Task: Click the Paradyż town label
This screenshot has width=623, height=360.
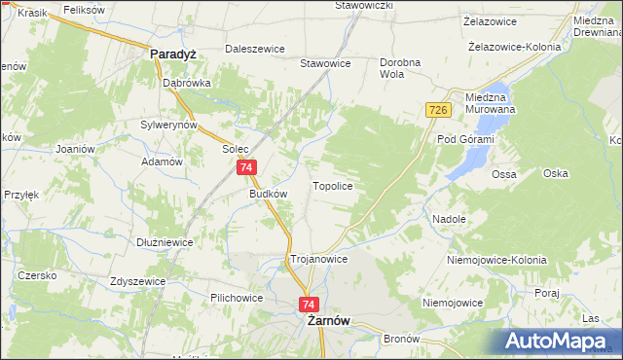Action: pyautogui.click(x=173, y=55)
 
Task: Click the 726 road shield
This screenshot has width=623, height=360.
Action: pyautogui.click(x=437, y=112)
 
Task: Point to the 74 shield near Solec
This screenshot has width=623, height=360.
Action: pyautogui.click(x=246, y=168)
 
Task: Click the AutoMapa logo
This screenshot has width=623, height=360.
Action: pyautogui.click(x=560, y=340)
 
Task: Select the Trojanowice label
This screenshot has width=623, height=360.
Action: pyautogui.click(x=318, y=260)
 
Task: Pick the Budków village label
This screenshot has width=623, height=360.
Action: pyautogui.click(x=269, y=194)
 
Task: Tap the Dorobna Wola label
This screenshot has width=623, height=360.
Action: pyautogui.click(x=399, y=68)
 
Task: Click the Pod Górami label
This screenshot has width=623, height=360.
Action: pyautogui.click(x=465, y=140)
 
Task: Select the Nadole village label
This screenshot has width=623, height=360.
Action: pyautogui.click(x=449, y=219)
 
